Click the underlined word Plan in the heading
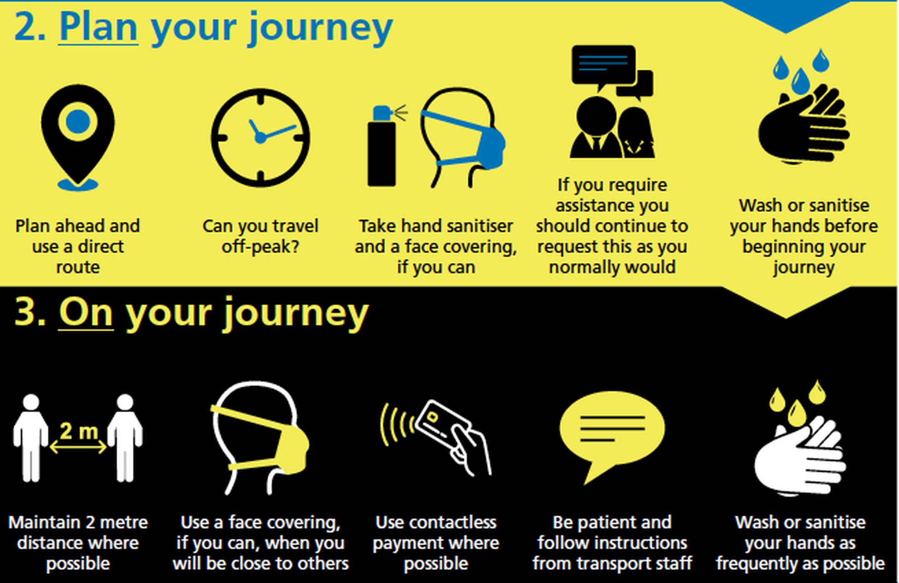click(x=98, y=27)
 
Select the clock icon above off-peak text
click(x=261, y=138)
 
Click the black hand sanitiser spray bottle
click(x=382, y=147)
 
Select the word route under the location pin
click(x=78, y=267)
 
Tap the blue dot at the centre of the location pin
click(x=78, y=122)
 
